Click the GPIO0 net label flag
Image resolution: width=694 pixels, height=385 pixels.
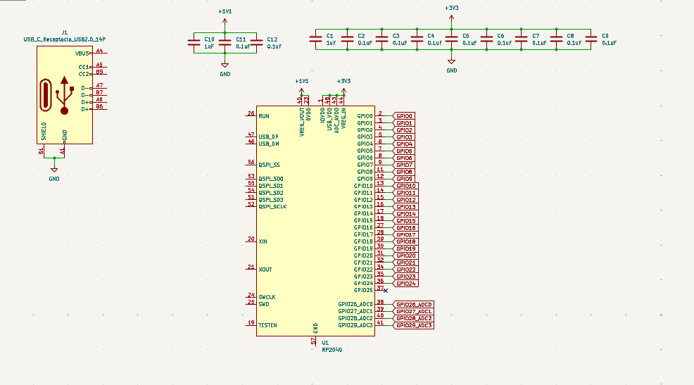(405, 116)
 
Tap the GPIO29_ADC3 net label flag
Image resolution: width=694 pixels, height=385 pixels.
(413, 325)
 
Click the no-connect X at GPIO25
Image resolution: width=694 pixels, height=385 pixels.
(386, 290)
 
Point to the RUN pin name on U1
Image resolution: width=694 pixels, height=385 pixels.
(263, 116)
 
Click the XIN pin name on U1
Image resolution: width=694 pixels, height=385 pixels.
(263, 241)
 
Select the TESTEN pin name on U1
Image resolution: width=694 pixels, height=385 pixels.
(267, 325)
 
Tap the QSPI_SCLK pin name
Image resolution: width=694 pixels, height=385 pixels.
(272, 206)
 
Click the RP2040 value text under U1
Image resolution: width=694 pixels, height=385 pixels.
(332, 349)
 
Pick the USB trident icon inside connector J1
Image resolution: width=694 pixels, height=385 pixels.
(65, 95)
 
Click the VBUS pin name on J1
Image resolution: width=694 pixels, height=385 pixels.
(82, 53)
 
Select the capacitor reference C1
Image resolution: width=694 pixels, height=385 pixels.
(329, 35)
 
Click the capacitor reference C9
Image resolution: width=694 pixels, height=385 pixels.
(605, 35)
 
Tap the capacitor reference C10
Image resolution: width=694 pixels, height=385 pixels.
(208, 39)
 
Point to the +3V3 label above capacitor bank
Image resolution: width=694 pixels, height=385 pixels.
(452, 8)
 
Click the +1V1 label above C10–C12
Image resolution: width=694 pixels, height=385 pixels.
(225, 11)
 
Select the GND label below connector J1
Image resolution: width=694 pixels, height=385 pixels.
(54, 179)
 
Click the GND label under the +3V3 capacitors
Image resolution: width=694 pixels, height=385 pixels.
(452, 70)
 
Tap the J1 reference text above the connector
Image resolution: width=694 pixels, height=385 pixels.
(65, 32)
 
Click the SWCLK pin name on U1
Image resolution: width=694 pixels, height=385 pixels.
(267, 297)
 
